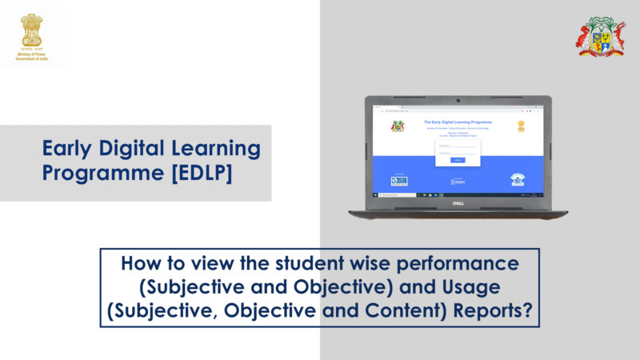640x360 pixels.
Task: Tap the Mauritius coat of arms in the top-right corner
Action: [602, 36]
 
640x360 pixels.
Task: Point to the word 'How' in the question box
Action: [139, 262]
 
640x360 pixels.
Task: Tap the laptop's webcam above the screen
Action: [458, 102]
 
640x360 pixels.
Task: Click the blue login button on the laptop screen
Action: [458, 160]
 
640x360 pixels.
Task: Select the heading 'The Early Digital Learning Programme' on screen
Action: [458, 122]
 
